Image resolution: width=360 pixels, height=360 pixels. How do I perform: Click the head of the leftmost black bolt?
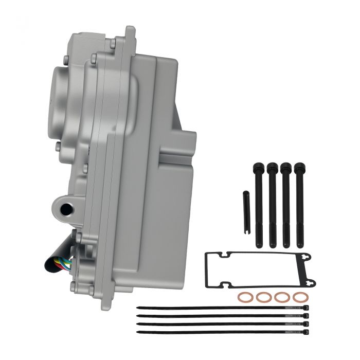257,167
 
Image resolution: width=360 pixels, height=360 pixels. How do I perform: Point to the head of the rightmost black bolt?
299,167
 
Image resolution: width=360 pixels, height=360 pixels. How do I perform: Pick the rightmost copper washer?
299,297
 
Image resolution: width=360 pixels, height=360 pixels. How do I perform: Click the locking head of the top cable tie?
306,308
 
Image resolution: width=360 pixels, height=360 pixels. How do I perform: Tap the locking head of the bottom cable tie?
306,332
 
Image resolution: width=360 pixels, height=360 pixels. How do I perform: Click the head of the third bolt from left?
285,167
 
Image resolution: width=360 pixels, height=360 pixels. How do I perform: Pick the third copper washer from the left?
281,297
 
